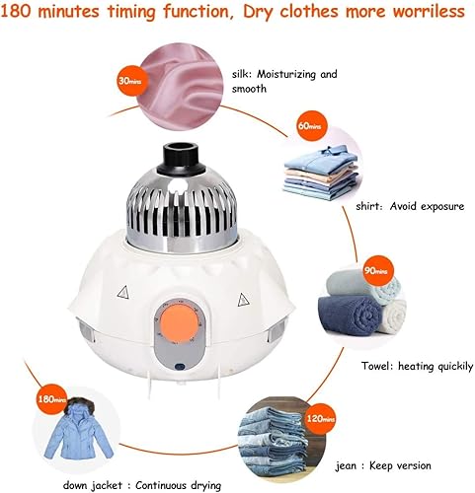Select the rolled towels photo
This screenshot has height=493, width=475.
pyautogui.click(x=363, y=310)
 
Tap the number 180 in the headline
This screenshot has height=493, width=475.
pyautogui.click(x=25, y=12)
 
